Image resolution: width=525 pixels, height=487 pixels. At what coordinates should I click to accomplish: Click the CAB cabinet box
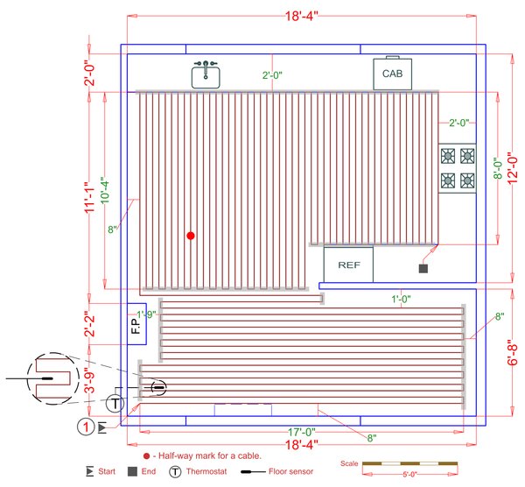[392, 74]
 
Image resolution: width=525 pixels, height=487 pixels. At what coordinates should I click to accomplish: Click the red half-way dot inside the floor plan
[190, 236]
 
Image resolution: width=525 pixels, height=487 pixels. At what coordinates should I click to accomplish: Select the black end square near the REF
[423, 268]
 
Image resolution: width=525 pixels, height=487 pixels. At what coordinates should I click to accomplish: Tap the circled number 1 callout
[85, 427]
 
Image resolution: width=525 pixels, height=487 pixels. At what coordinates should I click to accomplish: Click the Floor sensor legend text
[283, 471]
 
